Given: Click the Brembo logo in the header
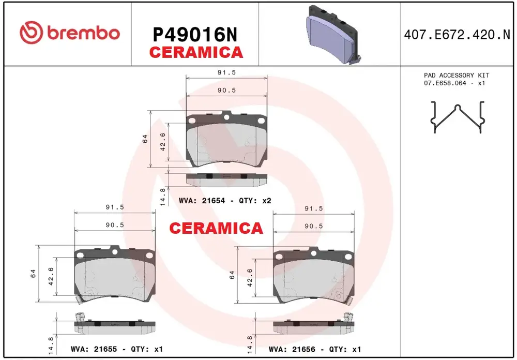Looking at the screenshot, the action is pos(70,33).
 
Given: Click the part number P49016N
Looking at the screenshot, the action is pos(195,35).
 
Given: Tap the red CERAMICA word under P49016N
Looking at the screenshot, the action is pos(196,52).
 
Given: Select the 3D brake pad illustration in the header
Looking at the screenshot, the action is pos(332,35).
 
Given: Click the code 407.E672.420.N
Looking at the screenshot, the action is pos(457,35).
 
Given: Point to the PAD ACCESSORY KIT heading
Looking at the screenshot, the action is pos(457,75).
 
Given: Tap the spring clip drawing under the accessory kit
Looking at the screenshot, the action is pos(458,117).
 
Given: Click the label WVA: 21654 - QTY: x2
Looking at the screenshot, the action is pos(225,201).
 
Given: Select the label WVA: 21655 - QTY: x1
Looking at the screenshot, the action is pos(117,349).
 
